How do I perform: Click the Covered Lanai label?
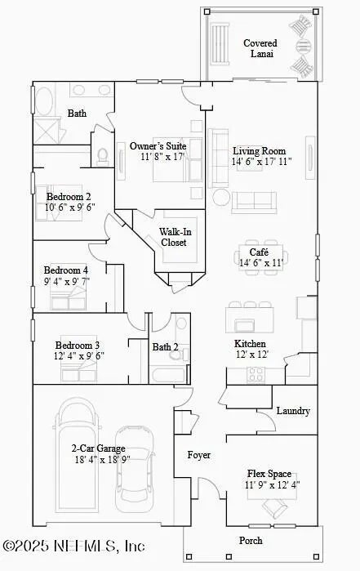pyautogui.click(x=260, y=48)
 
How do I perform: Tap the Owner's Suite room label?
pyautogui.click(x=158, y=146)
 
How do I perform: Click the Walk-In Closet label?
pyautogui.click(x=173, y=237)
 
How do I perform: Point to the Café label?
pyautogui.click(x=248, y=252)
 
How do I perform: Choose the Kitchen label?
pyautogui.click(x=250, y=344)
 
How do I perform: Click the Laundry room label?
pyautogui.click(x=293, y=411)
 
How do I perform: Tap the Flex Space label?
pyautogui.click(x=269, y=473)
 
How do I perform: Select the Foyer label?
pyautogui.click(x=199, y=454)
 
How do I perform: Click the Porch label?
pyautogui.click(x=250, y=541)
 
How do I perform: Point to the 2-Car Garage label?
pyautogui.click(x=97, y=448)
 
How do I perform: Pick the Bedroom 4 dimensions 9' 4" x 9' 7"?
pyautogui.click(x=66, y=281)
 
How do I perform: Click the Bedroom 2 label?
pyautogui.click(x=68, y=196)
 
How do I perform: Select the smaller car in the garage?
pyautogui.click(x=135, y=467)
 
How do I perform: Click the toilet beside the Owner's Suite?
pyautogui.click(x=104, y=154)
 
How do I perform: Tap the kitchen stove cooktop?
pyautogui.click(x=256, y=374)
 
